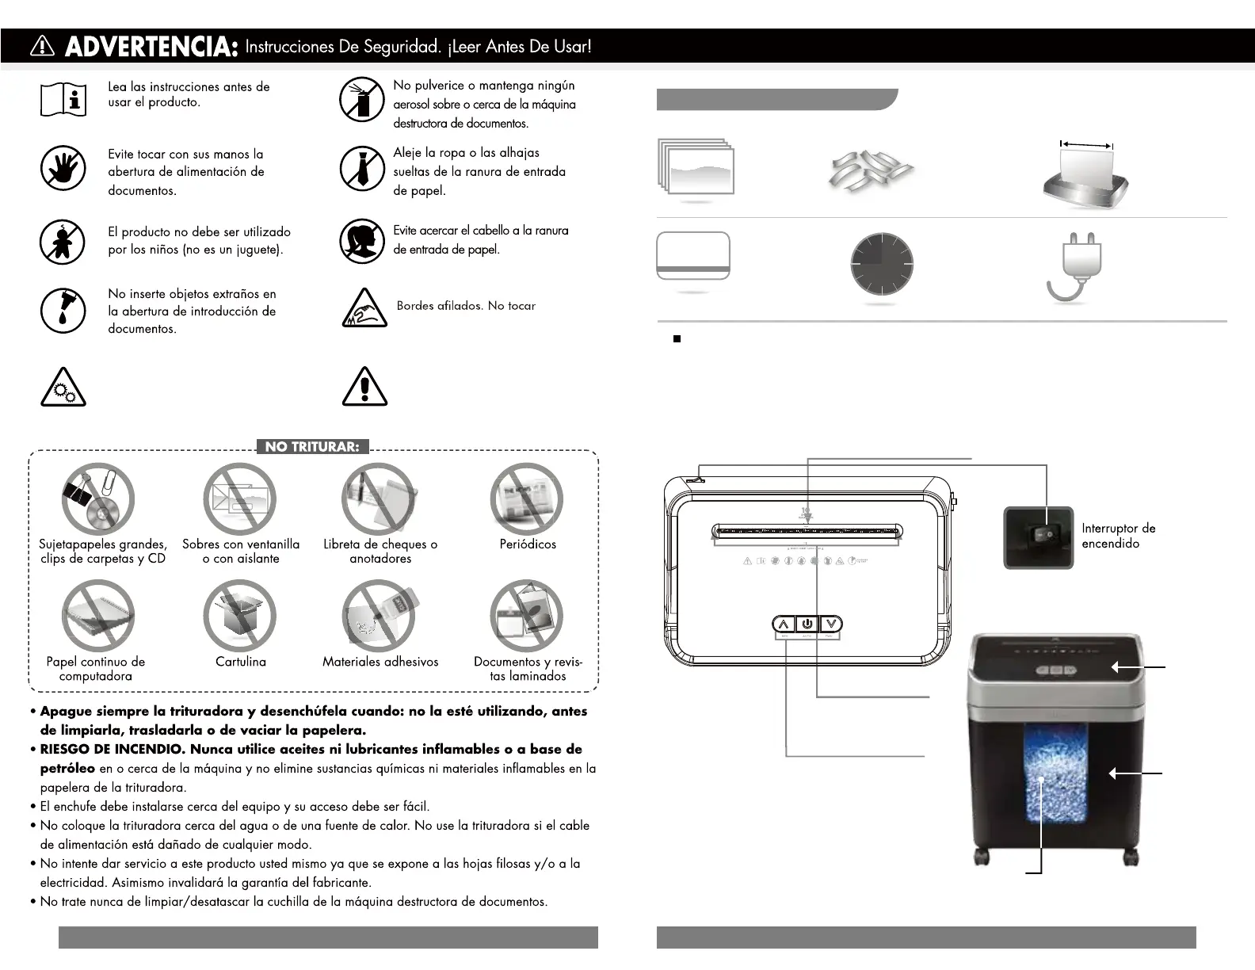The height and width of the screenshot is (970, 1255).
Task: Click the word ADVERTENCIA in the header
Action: coord(151,48)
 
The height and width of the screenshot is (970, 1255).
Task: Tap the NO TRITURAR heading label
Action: coord(312,447)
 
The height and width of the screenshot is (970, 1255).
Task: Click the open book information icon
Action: coord(63,100)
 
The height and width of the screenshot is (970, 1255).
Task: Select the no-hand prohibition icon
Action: coord(63,168)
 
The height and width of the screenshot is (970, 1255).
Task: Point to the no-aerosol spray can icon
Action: coord(362,100)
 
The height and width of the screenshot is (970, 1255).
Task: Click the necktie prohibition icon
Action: coord(362,168)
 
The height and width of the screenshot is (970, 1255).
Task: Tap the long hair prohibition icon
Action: coord(362,241)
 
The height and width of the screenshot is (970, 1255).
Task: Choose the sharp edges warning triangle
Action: coord(364,309)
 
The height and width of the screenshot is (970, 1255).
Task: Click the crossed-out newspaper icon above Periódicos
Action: coord(527,499)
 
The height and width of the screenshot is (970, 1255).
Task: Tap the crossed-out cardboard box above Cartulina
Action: coord(239,617)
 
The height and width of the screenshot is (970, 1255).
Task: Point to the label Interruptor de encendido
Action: coord(1118,536)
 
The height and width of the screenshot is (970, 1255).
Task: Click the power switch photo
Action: coord(1039,537)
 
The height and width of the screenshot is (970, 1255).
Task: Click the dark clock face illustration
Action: coord(882,264)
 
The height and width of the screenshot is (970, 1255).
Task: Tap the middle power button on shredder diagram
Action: coord(807,624)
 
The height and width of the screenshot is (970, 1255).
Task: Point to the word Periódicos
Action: coord(528,544)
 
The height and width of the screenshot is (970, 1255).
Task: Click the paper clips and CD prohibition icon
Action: coord(98,499)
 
